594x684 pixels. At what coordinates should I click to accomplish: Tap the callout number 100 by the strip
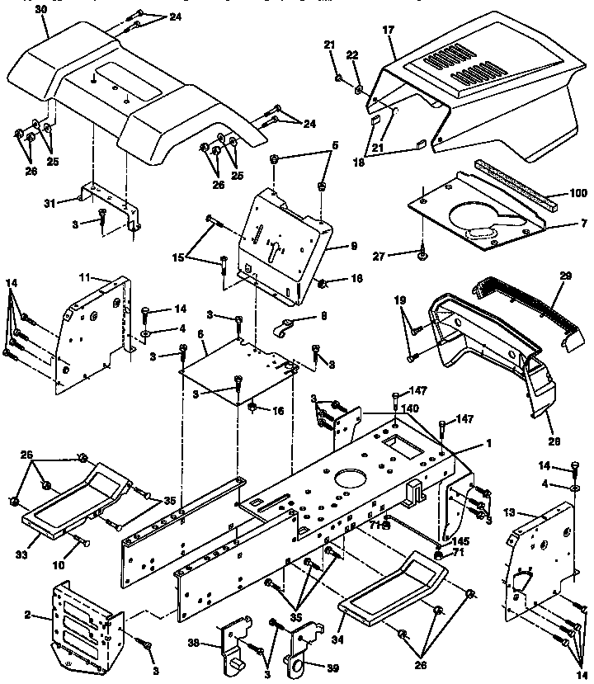tap(577, 194)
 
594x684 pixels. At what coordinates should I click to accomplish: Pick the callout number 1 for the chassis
tap(488, 443)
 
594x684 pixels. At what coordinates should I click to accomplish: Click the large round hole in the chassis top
tap(350, 478)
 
